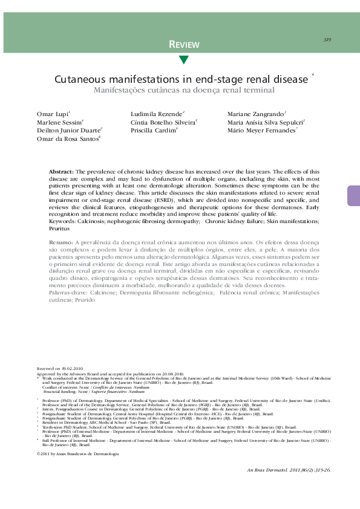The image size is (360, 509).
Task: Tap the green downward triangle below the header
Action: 184,60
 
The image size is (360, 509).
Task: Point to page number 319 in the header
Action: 327,39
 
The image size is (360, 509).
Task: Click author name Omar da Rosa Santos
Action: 64,138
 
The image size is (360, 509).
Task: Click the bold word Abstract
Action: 61,172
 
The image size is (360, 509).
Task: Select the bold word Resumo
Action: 61,242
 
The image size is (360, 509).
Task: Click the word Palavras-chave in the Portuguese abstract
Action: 68,292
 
